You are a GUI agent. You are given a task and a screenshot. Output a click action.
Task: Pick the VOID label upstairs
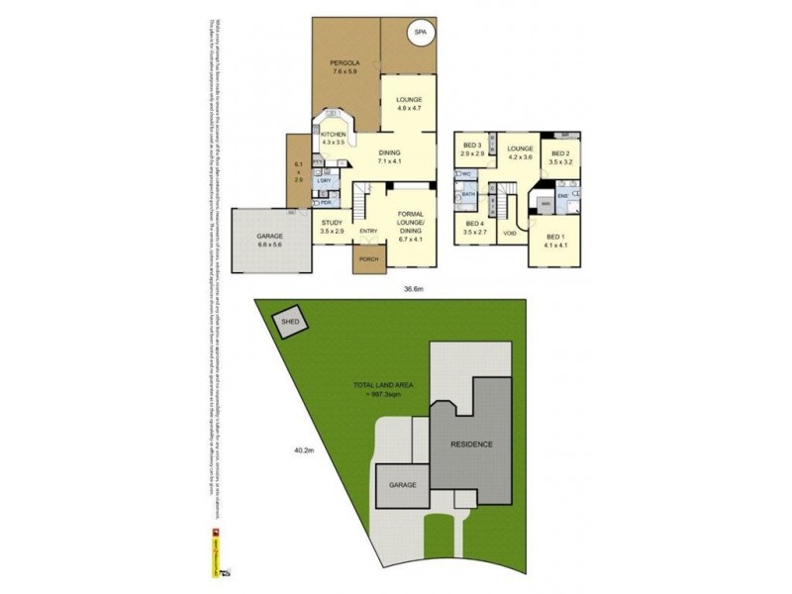click(x=510, y=233)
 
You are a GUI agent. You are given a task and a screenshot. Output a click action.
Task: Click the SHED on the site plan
click(x=290, y=323)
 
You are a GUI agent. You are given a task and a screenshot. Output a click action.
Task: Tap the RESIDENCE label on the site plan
click(x=471, y=445)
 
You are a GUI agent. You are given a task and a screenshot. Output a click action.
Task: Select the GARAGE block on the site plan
click(x=403, y=485)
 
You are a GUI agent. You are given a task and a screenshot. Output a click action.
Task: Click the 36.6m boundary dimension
click(x=414, y=289)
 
